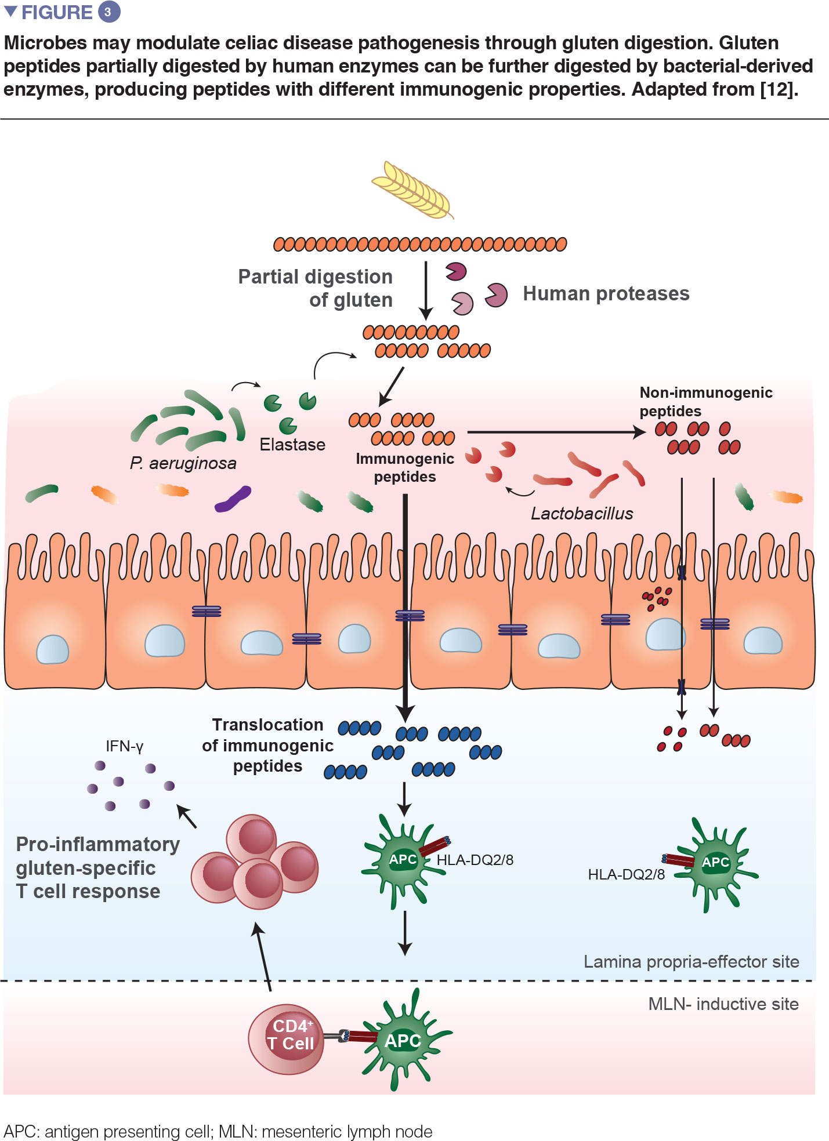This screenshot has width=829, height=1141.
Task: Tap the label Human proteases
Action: pos(606,293)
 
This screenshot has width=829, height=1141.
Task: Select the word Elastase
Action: pos(292,445)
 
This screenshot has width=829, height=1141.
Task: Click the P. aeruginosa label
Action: pos(183,463)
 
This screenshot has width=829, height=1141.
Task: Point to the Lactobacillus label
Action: pos(582,513)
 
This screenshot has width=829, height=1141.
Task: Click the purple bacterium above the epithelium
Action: pos(233,500)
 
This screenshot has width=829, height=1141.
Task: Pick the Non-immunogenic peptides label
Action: pos(706,402)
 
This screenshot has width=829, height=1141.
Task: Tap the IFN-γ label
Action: pos(124,746)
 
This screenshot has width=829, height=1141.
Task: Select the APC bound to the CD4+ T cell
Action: pos(403,1041)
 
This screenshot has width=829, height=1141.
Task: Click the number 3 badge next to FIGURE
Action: pos(108,12)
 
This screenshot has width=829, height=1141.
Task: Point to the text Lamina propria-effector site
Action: pos(692,962)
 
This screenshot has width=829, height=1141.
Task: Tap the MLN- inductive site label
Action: pos(723,1004)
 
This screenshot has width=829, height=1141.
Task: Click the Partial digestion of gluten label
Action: pos(316,288)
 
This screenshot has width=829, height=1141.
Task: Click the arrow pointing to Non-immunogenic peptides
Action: pos(556,432)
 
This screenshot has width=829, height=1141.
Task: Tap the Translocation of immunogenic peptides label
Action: pos(267,746)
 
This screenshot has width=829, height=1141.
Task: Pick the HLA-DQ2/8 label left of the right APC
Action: pos(627,874)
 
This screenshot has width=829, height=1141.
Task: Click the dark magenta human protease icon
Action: pos(456,271)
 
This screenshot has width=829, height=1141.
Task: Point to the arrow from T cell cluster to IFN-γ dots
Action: pos(187,816)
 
